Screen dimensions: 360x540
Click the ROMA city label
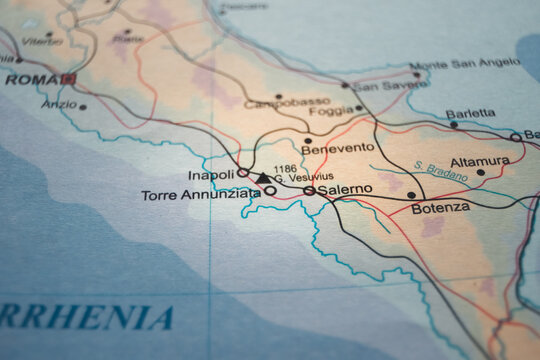pyautogui.click(x=31, y=79)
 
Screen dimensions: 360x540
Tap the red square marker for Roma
pyautogui.click(x=68, y=78)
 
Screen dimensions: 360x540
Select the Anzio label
pyautogui.click(x=59, y=104)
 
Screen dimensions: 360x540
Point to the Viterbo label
pyautogui.click(x=41, y=41)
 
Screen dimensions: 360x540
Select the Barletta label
pyautogui.click(x=469, y=113)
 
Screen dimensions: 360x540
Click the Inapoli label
pyautogui.click(x=210, y=174)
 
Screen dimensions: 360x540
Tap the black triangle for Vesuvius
pyautogui.click(x=262, y=179)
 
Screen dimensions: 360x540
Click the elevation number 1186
pyautogui.click(x=285, y=169)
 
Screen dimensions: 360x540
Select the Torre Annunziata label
pyautogui.click(x=200, y=194)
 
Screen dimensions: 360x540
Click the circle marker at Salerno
pyautogui.click(x=309, y=190)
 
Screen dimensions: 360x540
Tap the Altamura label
pyautogui.click(x=479, y=160)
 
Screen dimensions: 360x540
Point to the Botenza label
pyautogui.click(x=440, y=208)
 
